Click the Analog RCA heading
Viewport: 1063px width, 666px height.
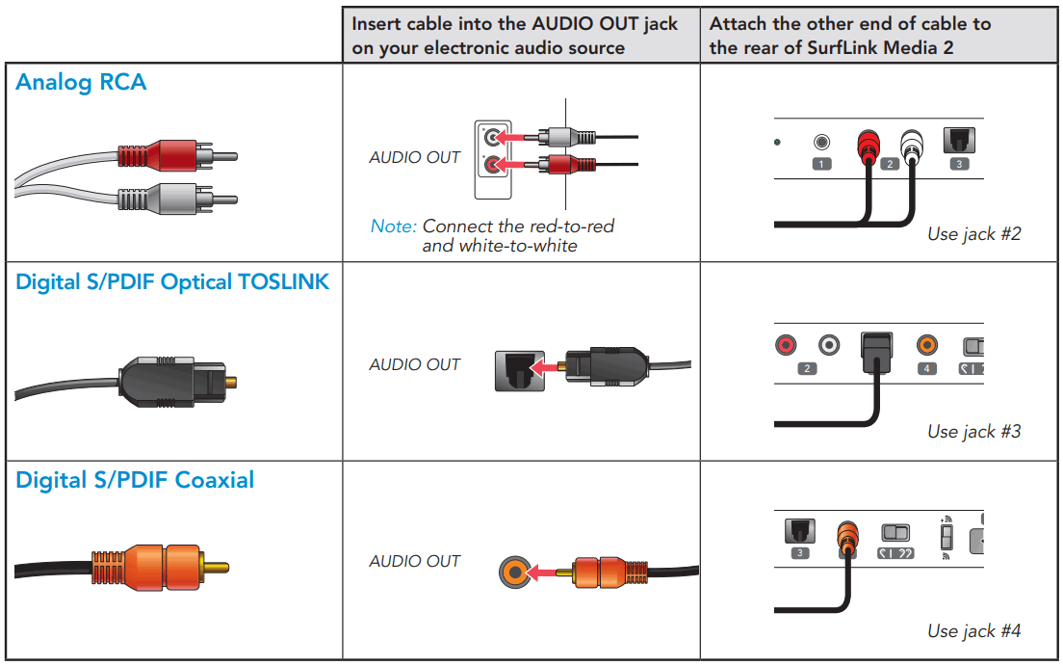[x=81, y=83]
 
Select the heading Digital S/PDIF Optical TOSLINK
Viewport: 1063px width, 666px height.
[x=172, y=283]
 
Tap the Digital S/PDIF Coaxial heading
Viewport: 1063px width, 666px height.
[x=135, y=480]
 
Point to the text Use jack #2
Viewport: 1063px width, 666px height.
[x=973, y=233]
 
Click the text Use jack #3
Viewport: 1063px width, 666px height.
[x=973, y=431]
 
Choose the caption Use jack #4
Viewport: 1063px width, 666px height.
[x=973, y=630]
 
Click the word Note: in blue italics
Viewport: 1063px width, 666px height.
[x=393, y=226]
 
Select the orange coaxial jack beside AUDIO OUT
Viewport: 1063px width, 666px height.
[x=515, y=573]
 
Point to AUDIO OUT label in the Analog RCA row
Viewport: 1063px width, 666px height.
[x=415, y=157]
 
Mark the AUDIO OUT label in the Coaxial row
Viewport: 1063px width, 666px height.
[x=415, y=561]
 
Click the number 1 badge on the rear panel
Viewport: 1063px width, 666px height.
[x=821, y=164]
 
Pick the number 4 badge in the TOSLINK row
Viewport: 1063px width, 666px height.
[x=927, y=368]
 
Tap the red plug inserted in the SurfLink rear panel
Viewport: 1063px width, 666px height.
[x=869, y=147]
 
